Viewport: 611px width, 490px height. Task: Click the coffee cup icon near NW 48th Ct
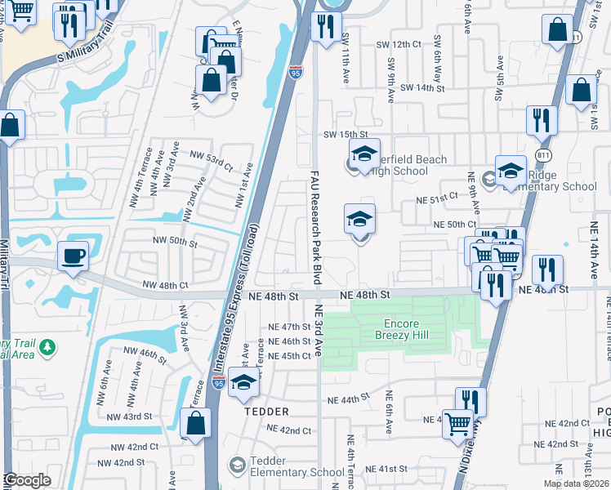click(73, 256)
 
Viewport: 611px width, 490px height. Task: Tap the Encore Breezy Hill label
click(401, 328)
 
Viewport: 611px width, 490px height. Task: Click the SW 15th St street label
click(346, 134)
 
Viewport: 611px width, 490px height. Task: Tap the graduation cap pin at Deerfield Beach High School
click(364, 153)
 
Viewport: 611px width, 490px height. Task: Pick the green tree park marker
click(48, 348)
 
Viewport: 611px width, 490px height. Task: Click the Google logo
click(27, 480)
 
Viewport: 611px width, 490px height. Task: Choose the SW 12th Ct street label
click(398, 45)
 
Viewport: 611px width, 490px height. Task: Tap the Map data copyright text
click(576, 483)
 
